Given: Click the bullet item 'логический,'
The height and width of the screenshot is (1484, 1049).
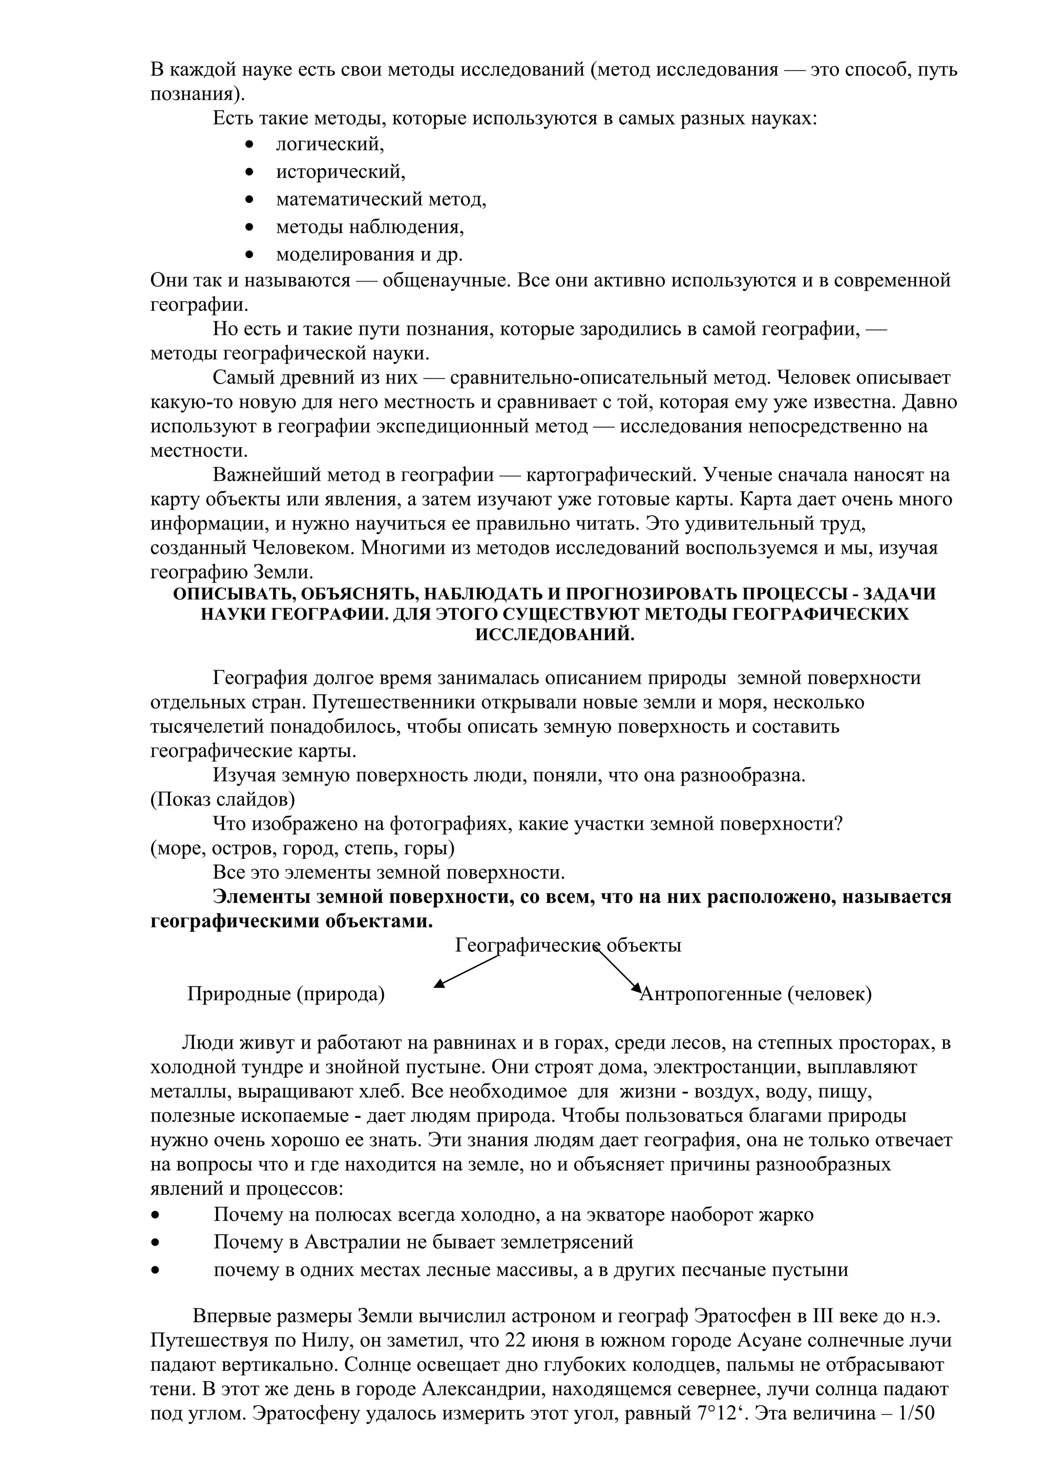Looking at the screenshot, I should (330, 144).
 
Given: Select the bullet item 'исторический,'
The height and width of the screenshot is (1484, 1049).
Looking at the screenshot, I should (341, 172).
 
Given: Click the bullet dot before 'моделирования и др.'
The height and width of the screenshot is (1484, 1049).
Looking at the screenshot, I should (249, 255).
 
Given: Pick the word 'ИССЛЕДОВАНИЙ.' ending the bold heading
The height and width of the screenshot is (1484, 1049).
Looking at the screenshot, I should (555, 634).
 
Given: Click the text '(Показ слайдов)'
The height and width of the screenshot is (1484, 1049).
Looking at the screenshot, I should (223, 799).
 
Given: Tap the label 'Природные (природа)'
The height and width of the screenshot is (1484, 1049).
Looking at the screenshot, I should (286, 994).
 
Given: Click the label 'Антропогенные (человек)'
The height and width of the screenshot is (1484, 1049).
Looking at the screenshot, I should (755, 994).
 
